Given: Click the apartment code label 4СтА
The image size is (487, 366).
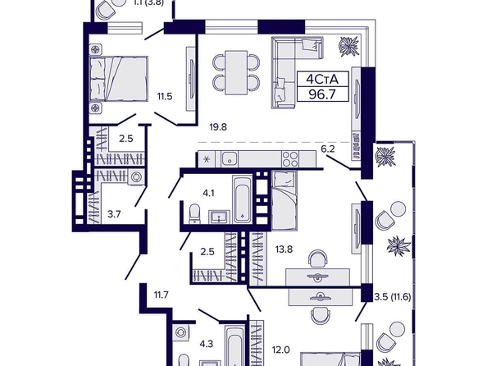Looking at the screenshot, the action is (322, 80).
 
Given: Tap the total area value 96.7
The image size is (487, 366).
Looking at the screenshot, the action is (322, 94).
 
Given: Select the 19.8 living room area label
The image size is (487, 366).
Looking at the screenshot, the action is (218, 127).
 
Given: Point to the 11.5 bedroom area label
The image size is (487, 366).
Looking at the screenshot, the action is (164, 96).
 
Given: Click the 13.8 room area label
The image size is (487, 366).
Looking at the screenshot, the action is (284, 249).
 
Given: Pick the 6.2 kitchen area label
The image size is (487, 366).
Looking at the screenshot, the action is (328, 149).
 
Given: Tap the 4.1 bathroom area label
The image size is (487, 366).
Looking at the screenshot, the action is (208, 193).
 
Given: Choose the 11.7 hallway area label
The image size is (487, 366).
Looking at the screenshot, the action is (162, 294).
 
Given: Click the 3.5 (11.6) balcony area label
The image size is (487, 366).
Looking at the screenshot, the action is (392, 297).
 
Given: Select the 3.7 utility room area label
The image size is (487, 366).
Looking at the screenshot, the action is (114, 214).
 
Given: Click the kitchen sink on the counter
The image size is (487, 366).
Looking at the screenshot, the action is (230, 159).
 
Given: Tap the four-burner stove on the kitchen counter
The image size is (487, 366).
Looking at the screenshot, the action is (290, 159).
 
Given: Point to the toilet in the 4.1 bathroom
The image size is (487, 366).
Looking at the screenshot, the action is (195, 213).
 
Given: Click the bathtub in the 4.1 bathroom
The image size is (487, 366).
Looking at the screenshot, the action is (243, 199).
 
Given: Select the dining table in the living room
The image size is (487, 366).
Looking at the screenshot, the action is (236, 72).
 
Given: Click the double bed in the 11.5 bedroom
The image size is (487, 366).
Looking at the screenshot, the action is (118, 79).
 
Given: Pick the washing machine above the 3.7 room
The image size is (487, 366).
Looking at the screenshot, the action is (136, 177).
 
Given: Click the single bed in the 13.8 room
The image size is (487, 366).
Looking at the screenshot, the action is (284, 201).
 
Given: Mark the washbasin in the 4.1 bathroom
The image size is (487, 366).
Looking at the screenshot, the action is (220, 217).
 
